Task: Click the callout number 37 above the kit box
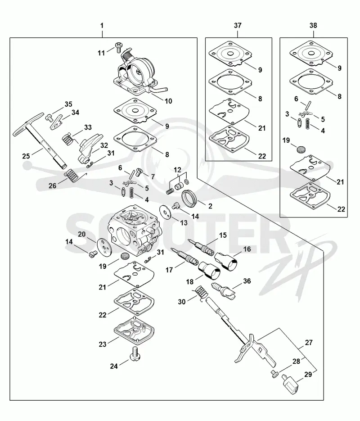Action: pyautogui.click(x=238, y=26)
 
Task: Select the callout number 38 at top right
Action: pyautogui.click(x=313, y=26)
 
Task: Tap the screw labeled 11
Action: pyautogui.click(x=118, y=47)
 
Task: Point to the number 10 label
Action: pyautogui.click(x=168, y=101)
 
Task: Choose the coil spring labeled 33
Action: pyautogui.click(x=68, y=140)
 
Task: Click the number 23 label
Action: pyautogui.click(x=103, y=344)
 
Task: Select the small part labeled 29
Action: pyautogui.click(x=289, y=383)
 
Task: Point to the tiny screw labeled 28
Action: pyautogui.click(x=274, y=373)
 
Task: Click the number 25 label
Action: pyautogui.click(x=26, y=156)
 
